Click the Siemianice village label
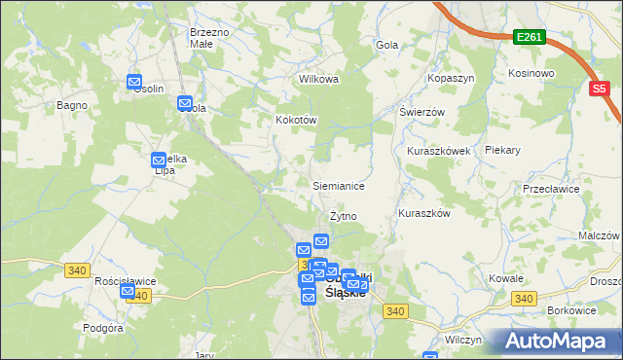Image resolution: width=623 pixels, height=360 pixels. coord(338,185)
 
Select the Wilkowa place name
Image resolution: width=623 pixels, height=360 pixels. coord(318,79)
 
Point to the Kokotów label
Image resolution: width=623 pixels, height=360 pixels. coord(297,120)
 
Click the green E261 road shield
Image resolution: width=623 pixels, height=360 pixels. coord(530,37)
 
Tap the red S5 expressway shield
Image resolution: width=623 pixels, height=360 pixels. coord(601,89)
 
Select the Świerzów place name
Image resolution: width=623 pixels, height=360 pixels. coord(421,112)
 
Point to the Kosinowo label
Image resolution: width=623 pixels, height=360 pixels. coord(531,73)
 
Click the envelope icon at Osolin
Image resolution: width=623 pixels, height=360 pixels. coord(134,83)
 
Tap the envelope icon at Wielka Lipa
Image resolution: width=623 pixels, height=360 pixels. coord(159,161)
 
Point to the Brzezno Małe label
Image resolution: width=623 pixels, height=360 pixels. coord(209,38)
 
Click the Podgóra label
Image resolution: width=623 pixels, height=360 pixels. coord(103,328)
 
